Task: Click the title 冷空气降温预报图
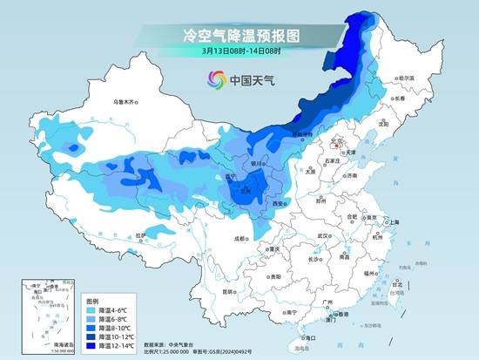[x=239, y=36]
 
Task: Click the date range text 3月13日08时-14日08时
[x=239, y=52]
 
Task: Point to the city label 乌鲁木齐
[x=125, y=102]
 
